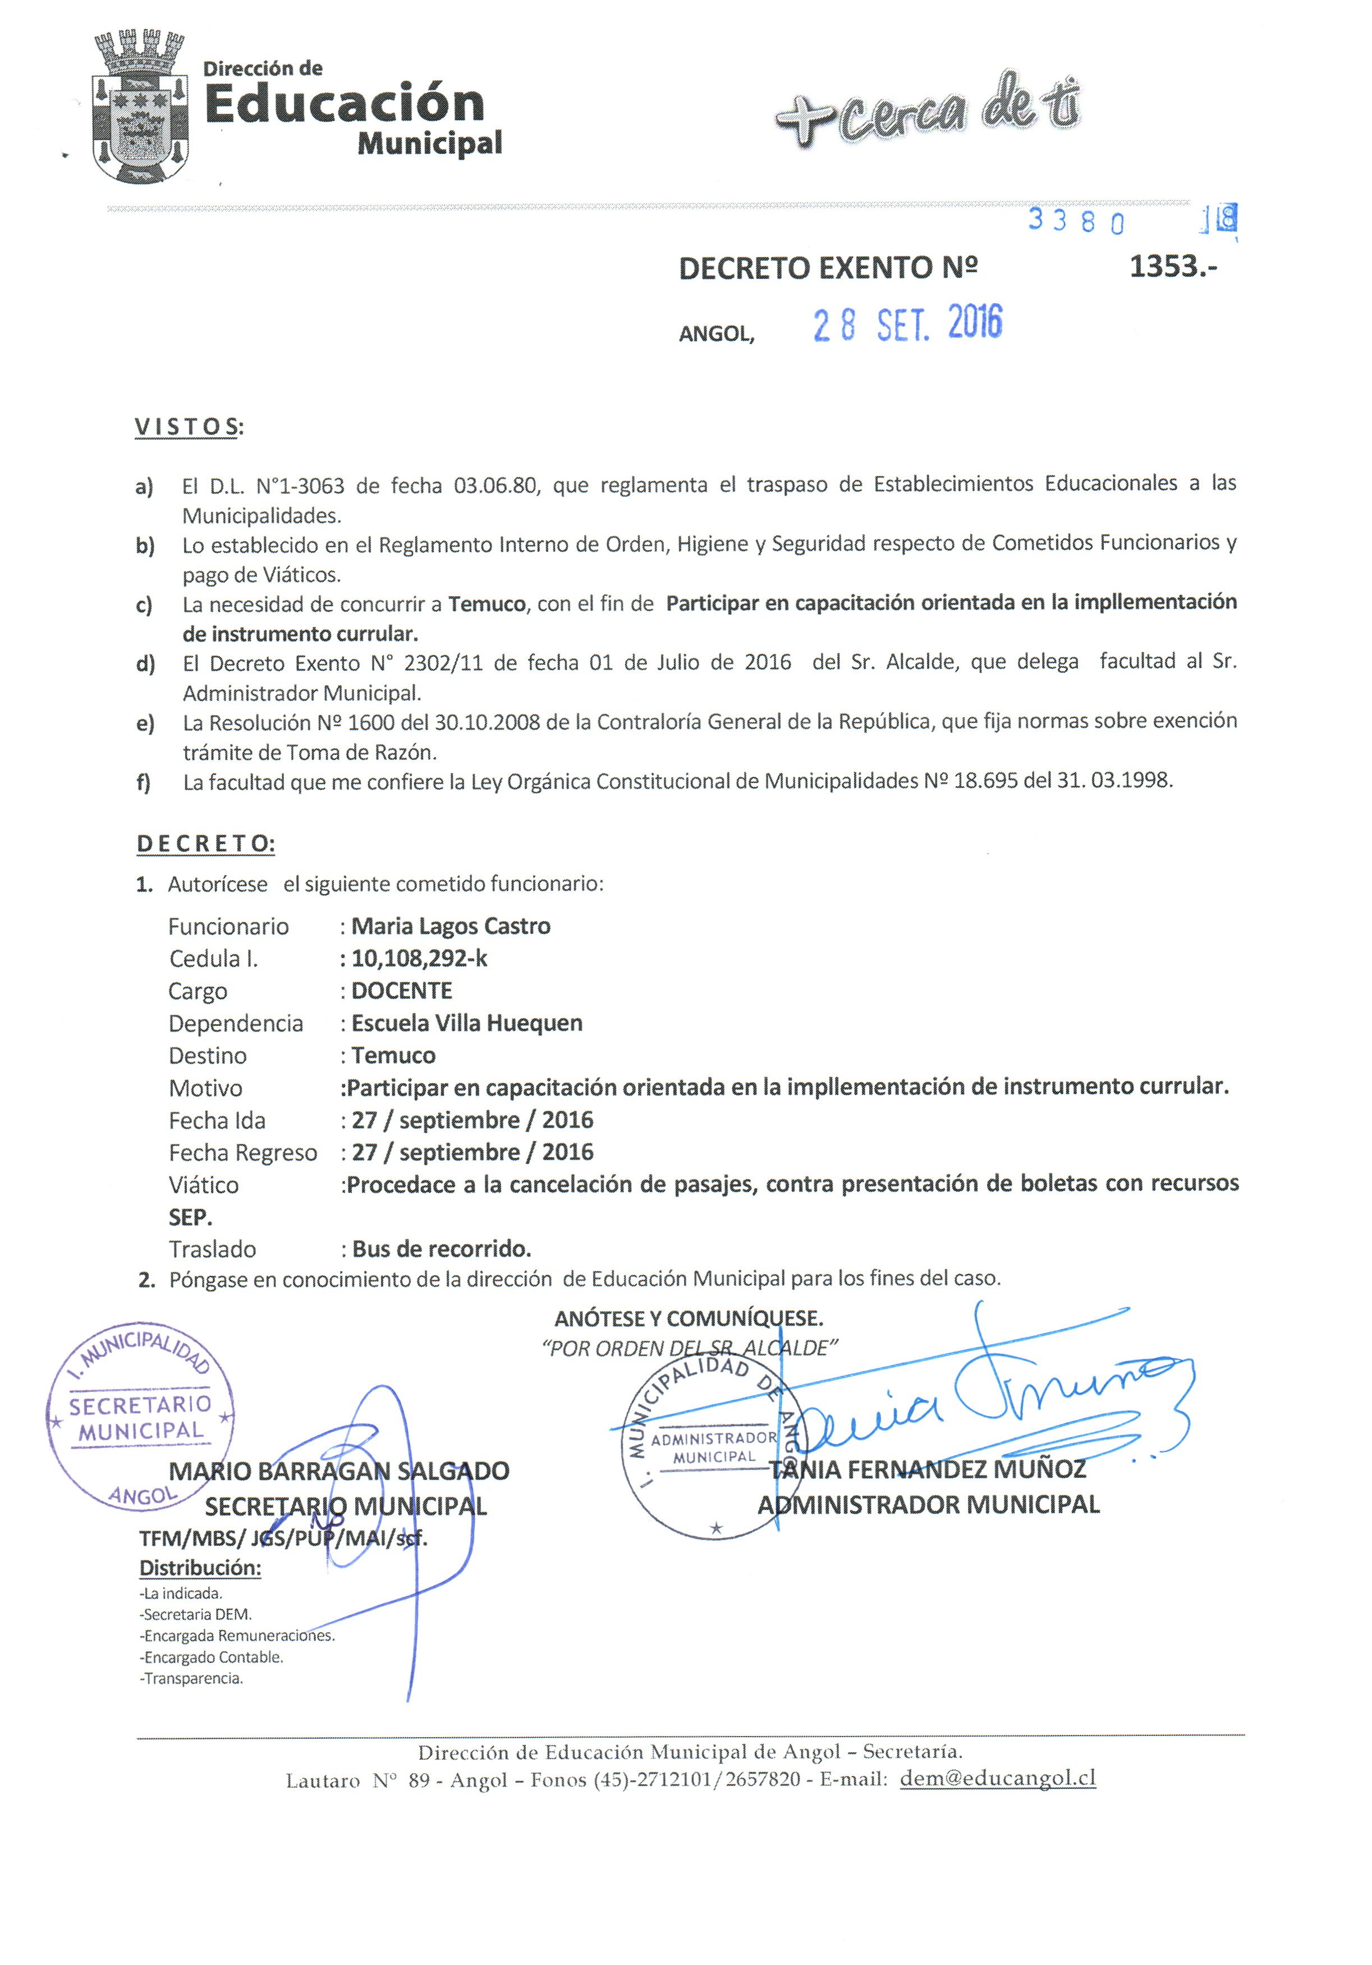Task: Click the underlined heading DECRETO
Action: [205, 843]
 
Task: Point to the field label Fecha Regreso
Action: [243, 1153]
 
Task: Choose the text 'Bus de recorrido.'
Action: [442, 1249]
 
